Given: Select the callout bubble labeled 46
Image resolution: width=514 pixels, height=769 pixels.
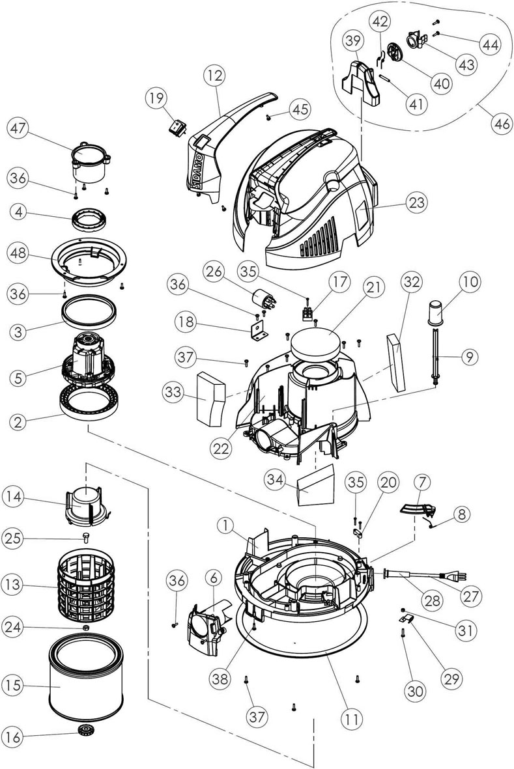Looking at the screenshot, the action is (x=501, y=124).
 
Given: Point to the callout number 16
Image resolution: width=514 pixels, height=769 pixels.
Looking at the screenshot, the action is (x=14, y=737).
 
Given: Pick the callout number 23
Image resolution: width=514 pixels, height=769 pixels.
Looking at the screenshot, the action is (x=416, y=202).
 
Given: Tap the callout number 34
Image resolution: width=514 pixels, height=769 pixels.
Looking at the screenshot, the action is (x=275, y=480).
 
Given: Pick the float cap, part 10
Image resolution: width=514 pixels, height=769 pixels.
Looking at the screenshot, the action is (x=438, y=313).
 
